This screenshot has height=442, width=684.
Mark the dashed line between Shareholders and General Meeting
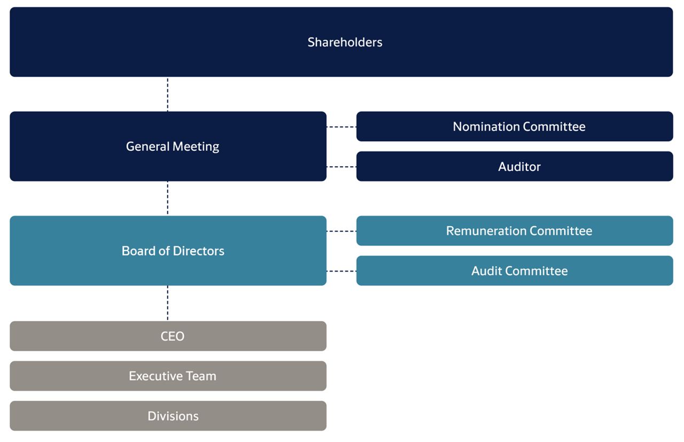click(x=168, y=94)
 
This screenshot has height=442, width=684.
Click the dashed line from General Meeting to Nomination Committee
click(x=341, y=127)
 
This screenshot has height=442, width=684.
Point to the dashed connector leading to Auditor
click(x=341, y=167)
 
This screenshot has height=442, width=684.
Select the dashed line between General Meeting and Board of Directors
click(x=168, y=198)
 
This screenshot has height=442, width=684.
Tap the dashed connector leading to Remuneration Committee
click(x=341, y=231)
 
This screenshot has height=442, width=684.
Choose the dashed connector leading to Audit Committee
click(x=341, y=272)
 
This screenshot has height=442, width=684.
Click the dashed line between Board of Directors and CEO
click(x=168, y=303)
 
